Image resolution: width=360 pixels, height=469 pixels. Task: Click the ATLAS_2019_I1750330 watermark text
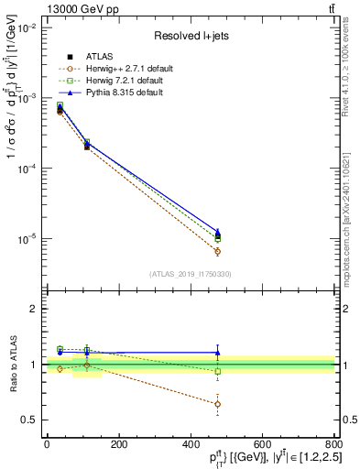click(190, 273)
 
